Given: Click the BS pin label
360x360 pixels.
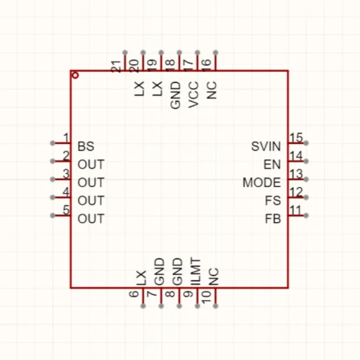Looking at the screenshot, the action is [86, 146].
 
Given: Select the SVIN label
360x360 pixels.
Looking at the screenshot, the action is [266, 146].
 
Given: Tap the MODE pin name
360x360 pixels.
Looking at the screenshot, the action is [262, 183].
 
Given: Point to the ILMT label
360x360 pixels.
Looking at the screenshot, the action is [196, 272].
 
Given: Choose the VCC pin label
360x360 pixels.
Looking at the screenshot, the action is [193, 94].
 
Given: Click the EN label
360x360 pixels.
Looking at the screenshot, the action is [272, 164].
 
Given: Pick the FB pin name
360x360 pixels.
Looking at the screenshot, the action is [273, 219].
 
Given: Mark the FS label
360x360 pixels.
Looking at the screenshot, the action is [273, 200].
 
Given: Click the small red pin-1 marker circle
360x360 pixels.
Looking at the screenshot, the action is [75, 75].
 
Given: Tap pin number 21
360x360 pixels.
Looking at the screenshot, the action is [116, 66].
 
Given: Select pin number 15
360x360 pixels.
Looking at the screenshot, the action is [296, 137].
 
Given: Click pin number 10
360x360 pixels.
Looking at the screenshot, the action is [206, 297].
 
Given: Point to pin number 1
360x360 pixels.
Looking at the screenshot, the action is [66, 137].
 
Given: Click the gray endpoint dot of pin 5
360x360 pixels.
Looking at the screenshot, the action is [52, 215].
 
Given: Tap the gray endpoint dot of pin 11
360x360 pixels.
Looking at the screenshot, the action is [306, 215].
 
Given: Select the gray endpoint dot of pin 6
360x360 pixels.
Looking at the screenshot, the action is [143, 306].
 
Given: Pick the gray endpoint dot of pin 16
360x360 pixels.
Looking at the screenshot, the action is [215, 52].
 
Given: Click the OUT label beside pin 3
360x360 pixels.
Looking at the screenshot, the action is [91, 183].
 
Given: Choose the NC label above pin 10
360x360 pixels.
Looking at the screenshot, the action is [213, 277].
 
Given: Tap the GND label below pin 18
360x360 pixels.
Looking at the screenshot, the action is [175, 95].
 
